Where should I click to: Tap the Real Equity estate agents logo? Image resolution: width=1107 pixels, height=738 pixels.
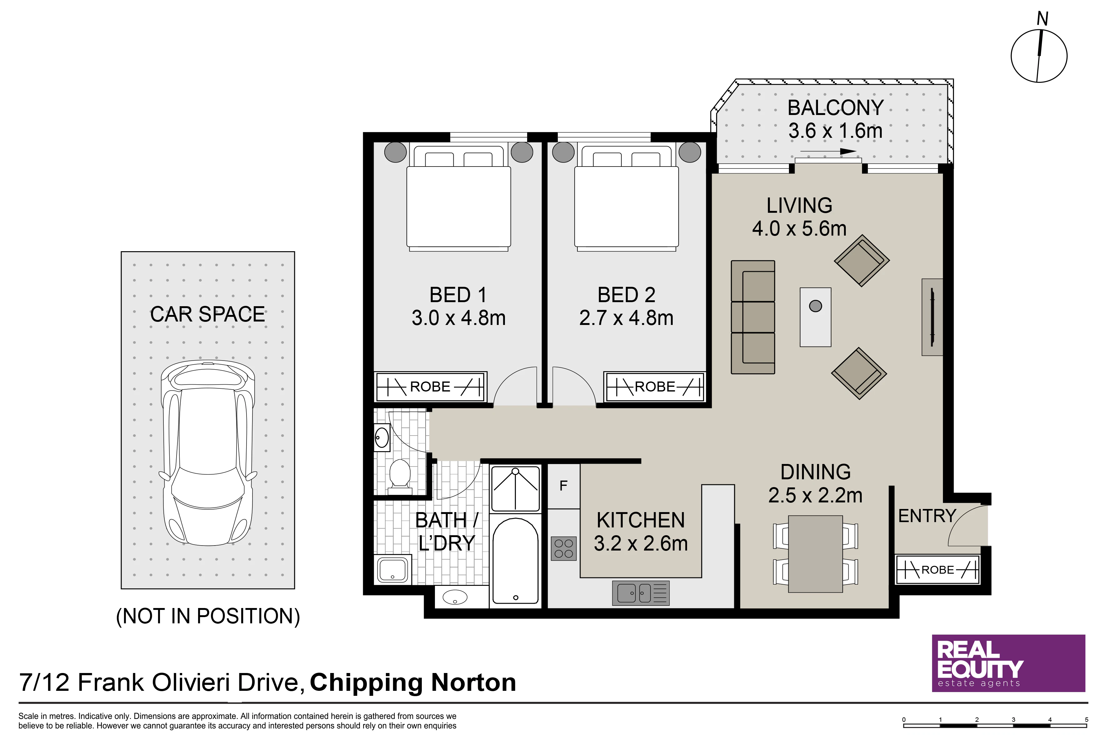[1009, 663]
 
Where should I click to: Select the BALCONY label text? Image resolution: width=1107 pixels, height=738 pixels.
[835, 108]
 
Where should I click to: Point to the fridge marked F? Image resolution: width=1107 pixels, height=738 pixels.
[563, 486]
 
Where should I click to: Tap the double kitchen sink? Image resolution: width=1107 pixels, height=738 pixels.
[641, 593]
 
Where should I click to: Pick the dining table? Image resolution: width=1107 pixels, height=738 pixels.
[815, 554]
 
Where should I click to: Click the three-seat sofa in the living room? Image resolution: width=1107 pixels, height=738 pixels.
[753, 317]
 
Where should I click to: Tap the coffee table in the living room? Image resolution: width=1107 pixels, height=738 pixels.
[815, 317]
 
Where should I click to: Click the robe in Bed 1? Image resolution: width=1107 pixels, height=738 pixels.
[430, 387]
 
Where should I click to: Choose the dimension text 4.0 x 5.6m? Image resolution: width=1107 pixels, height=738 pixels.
[799, 229]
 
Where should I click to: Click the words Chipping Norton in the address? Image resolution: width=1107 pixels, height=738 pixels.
[413, 682]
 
